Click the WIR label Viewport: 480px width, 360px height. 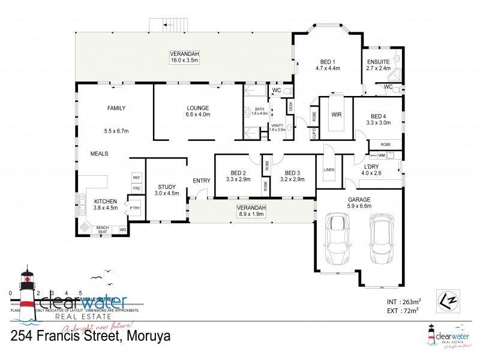pos(336,113)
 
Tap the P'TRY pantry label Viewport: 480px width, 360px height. pos(135,208)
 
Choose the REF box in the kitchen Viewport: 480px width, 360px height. pos(136,178)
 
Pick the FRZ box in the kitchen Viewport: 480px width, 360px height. pos(136,188)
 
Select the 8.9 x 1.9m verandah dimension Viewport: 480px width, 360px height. pos(251,214)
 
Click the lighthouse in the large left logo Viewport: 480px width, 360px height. pos(27,289)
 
